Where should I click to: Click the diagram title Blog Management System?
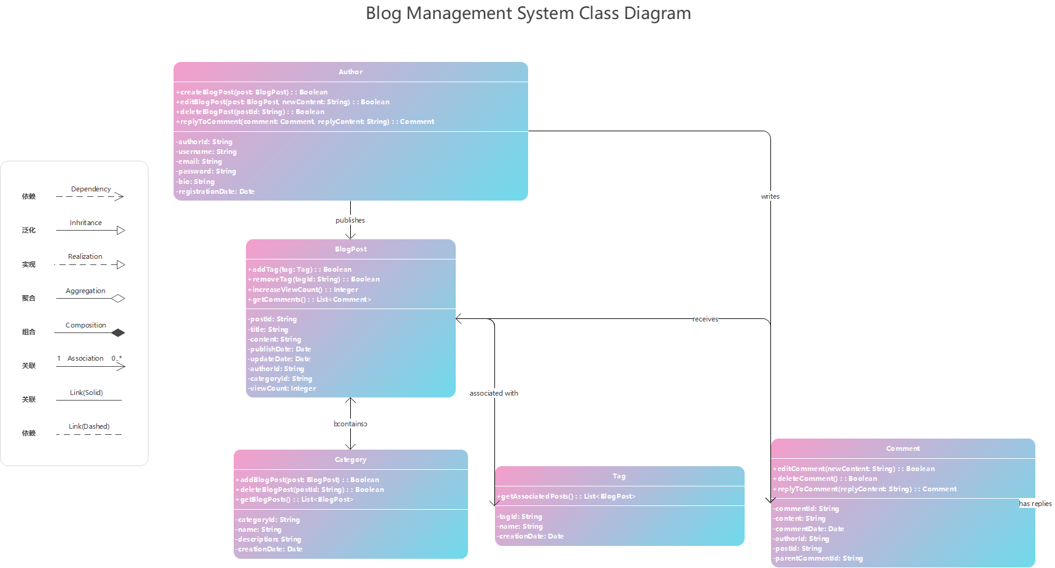click(x=528, y=13)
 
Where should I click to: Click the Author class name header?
click(x=350, y=72)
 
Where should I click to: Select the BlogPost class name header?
click(x=351, y=249)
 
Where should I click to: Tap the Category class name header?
click(x=350, y=459)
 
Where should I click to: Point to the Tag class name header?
click(x=619, y=476)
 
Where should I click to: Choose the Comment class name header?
click(x=903, y=448)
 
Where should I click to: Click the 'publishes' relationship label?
click(x=350, y=220)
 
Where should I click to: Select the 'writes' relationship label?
click(x=770, y=196)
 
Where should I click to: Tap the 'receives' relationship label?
click(x=705, y=319)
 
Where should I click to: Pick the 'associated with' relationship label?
click(x=494, y=393)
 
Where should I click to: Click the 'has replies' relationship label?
click(x=1035, y=504)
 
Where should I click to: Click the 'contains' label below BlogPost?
click(x=350, y=424)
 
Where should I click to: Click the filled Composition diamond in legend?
click(x=118, y=332)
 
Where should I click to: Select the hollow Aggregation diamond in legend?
click(x=118, y=299)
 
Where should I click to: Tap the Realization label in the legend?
click(x=85, y=256)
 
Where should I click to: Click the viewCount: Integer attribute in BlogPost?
click(x=283, y=388)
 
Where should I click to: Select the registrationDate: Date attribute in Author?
click(x=216, y=191)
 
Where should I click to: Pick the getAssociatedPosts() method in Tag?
click(x=567, y=496)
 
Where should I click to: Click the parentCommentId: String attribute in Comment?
click(x=818, y=558)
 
